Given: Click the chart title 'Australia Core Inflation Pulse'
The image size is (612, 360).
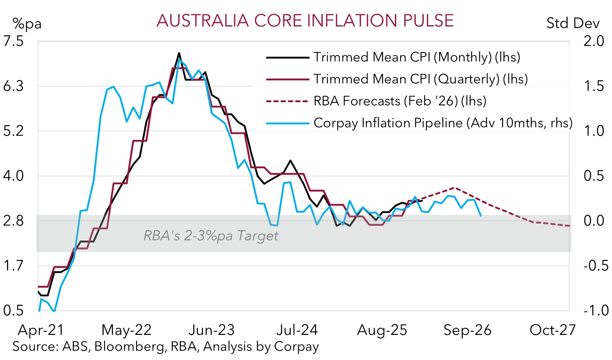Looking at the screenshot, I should pos(305,21).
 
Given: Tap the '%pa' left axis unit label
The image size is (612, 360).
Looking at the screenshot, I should pos(27,24).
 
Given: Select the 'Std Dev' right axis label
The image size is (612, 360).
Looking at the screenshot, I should pos(572,23).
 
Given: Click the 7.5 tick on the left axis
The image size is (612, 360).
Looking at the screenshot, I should pos(13,41).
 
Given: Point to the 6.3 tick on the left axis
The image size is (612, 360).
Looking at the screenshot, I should pos(13,86).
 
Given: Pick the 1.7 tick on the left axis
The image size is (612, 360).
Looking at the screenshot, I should pos(13,266).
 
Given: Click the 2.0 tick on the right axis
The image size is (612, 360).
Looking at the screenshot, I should pos(593,41).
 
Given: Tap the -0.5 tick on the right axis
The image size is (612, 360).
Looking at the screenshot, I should pos(596,266).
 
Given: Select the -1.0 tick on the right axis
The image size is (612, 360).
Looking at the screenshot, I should pos(596,311).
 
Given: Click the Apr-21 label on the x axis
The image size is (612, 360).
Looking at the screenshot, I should pos(41,330).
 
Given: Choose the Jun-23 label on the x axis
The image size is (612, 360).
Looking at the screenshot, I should pos(211,330).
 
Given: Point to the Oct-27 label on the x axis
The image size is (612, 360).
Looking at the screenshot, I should pos(552,330).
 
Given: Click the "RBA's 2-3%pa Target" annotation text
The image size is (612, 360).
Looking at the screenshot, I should pos(211,236).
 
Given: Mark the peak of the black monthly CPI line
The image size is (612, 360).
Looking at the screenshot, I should pos(179,53).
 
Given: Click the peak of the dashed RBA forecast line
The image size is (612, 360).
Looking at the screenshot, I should pos(454,188).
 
